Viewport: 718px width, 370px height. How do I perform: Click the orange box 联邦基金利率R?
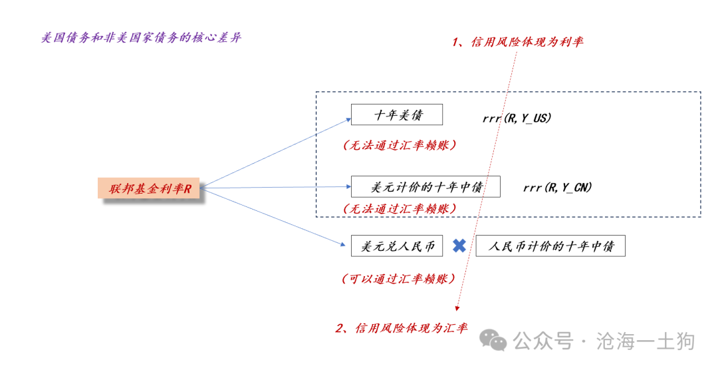(x=149, y=188)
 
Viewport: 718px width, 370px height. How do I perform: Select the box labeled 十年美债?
(x=396, y=114)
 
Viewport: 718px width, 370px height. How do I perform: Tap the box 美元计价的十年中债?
(x=425, y=186)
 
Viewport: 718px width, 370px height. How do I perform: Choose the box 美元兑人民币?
(x=396, y=246)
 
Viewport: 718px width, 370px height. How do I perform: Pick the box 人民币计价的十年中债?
(x=550, y=246)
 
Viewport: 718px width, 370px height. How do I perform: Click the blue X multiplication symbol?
(x=459, y=246)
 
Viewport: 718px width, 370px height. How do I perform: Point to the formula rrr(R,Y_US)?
(x=517, y=118)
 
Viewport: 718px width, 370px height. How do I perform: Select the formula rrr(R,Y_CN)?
(x=557, y=188)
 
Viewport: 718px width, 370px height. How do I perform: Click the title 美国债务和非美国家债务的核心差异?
(x=141, y=37)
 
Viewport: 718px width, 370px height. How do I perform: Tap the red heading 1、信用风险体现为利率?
(x=517, y=42)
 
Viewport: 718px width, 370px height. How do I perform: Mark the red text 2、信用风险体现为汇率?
(x=402, y=328)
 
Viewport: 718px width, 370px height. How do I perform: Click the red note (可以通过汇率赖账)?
(x=399, y=279)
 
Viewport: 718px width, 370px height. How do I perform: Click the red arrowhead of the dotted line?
(x=457, y=309)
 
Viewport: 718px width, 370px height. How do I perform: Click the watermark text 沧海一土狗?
(x=645, y=341)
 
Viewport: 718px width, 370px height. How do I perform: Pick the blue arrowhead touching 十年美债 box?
(x=348, y=120)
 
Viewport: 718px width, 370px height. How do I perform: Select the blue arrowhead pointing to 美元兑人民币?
(x=343, y=244)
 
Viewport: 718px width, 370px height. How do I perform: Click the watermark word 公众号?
(x=543, y=341)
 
